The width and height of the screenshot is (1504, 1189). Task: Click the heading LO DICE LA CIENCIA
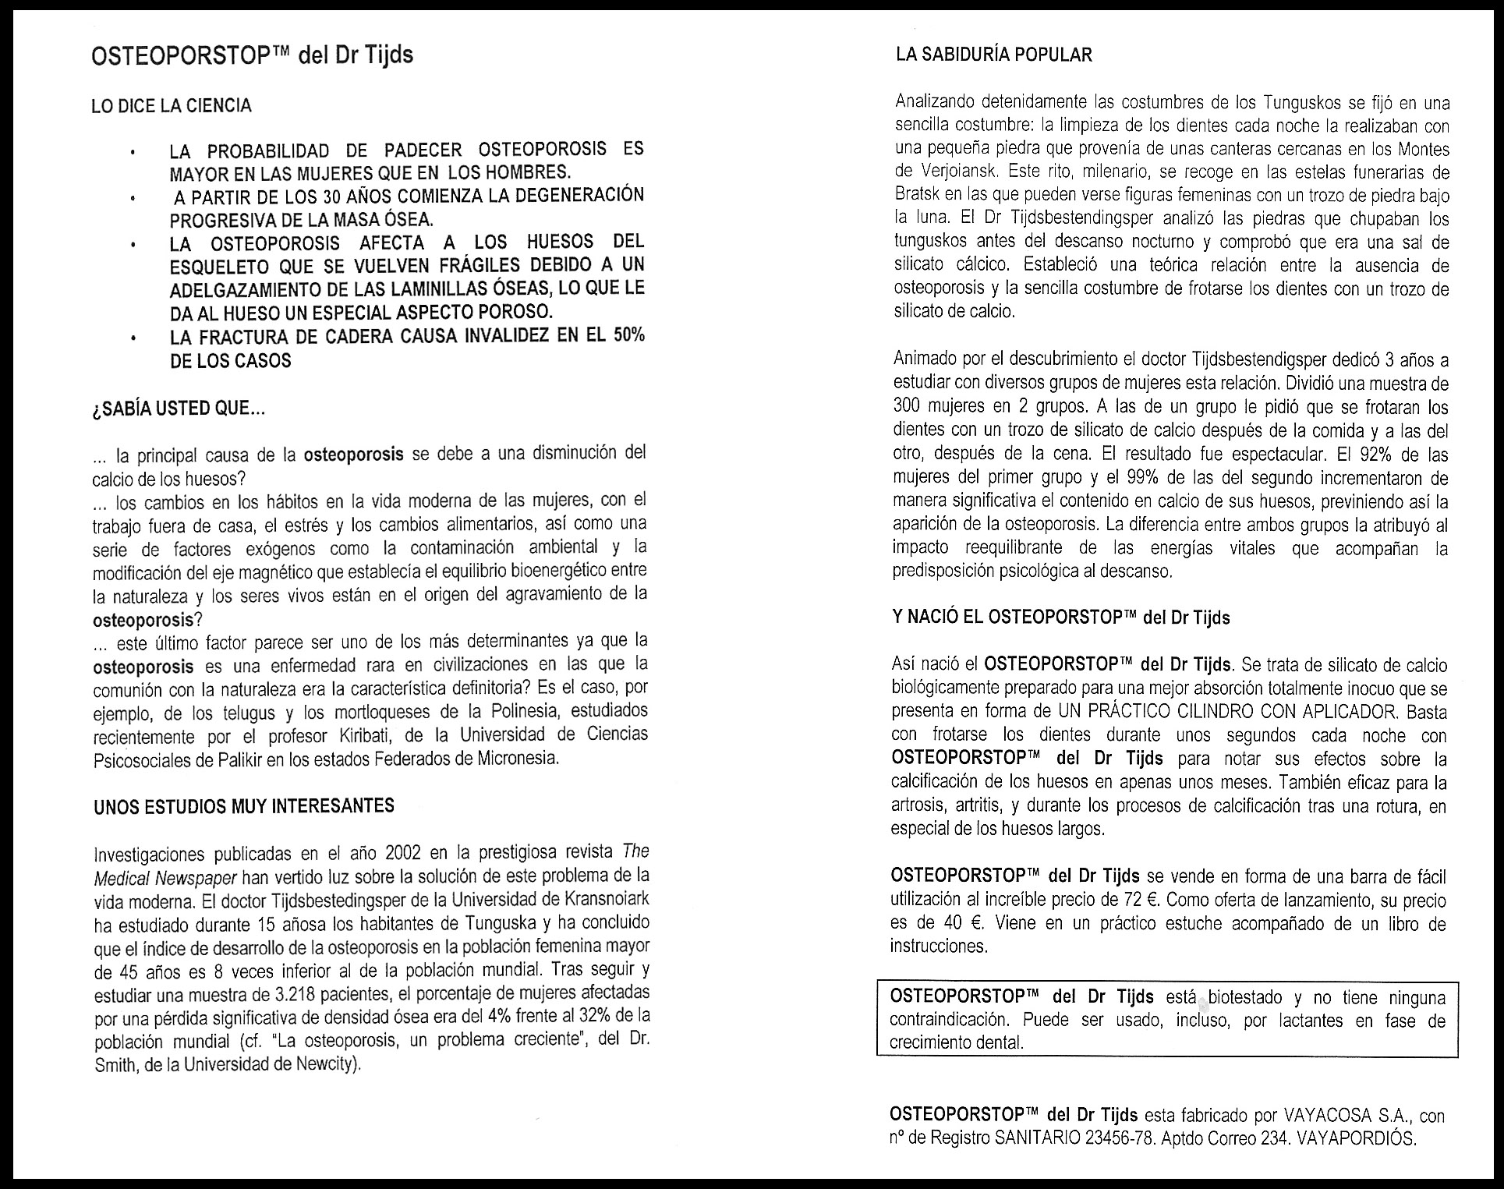[x=172, y=106]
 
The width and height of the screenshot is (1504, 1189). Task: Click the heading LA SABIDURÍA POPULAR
[x=993, y=55]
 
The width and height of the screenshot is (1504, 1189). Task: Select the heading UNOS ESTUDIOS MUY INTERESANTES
[x=244, y=806]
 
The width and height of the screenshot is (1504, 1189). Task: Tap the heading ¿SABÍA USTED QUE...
[x=179, y=408]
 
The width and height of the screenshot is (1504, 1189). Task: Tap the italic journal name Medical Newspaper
[x=165, y=877]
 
